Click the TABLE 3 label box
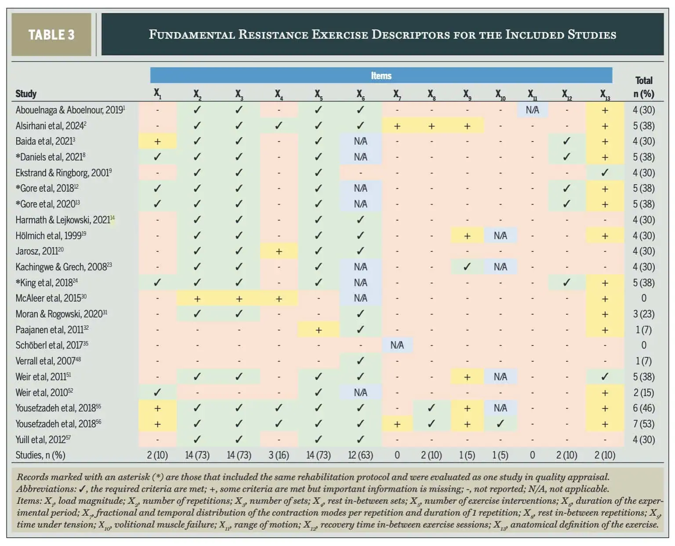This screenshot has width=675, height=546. [51, 35]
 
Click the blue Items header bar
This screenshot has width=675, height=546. [381, 76]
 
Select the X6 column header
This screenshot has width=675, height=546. [360, 94]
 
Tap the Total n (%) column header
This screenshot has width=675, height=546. [644, 87]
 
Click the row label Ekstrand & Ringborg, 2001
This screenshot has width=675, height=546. [63, 173]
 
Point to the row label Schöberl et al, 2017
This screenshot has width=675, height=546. [52, 345]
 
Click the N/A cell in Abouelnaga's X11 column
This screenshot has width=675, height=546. [532, 110]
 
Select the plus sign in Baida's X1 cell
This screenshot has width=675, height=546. [157, 142]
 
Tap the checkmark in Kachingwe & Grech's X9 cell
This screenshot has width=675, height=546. [467, 267]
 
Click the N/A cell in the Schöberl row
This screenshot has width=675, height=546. [397, 345]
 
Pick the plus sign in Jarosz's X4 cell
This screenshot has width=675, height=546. [279, 251]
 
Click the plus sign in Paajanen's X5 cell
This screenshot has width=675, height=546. [319, 330]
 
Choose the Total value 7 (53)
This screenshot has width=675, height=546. [644, 424]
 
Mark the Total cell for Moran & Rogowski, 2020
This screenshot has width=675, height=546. [644, 314]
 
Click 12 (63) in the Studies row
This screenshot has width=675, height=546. [360, 455]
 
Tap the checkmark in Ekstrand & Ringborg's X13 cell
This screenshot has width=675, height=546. [605, 172]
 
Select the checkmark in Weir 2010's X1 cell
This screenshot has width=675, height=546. [157, 393]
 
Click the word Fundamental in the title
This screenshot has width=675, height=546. [192, 35]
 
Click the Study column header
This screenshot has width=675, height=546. [26, 94]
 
